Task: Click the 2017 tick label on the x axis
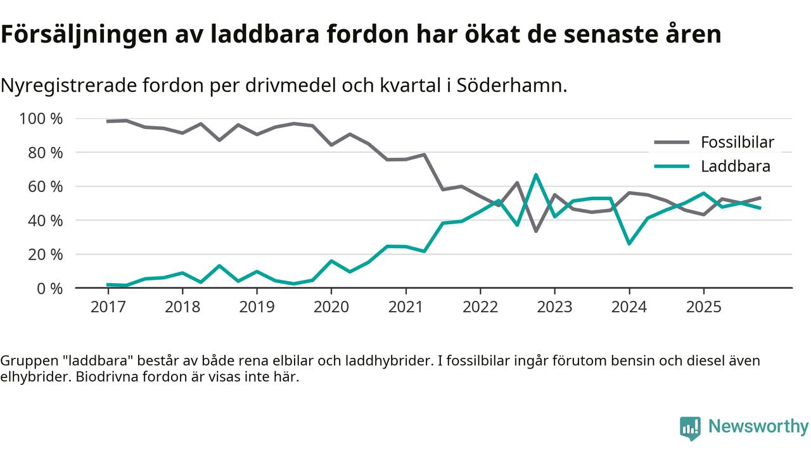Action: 108,307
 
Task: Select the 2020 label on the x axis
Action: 331,307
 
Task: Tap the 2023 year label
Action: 554,307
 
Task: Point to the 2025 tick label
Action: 703,307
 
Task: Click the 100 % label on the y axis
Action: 41,119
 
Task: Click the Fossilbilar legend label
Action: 737,142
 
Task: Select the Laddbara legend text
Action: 735,167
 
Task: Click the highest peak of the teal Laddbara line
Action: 536,175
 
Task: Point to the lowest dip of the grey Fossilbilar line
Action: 536,231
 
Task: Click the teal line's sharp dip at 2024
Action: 629,243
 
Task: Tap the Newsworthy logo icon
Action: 690,428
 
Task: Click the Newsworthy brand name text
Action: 758,427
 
